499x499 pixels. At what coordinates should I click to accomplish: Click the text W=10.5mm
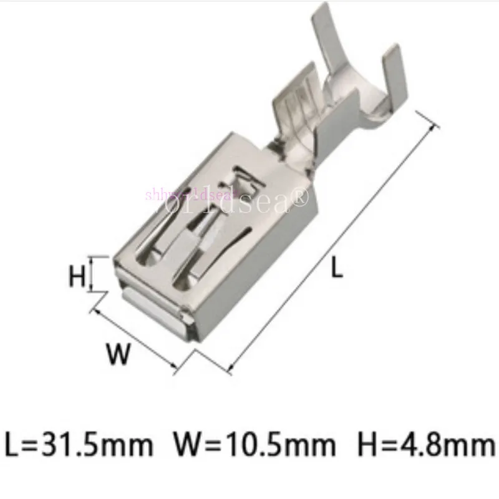click(254, 445)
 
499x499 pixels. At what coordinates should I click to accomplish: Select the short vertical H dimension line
click(92, 273)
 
